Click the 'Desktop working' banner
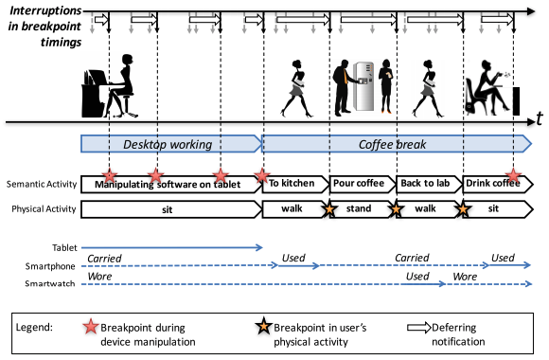171,144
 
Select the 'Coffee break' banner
397,144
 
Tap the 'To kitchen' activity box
295,184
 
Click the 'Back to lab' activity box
429,184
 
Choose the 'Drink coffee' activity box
498,184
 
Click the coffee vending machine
363,86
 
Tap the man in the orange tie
343,88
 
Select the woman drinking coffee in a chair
488,88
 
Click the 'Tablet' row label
64,248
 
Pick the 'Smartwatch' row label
50,283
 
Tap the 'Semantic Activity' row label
42,184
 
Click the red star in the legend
91,327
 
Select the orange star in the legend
264,326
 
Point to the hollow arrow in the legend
418,328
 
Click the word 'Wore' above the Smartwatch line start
99,277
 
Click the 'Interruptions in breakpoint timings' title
44,27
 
